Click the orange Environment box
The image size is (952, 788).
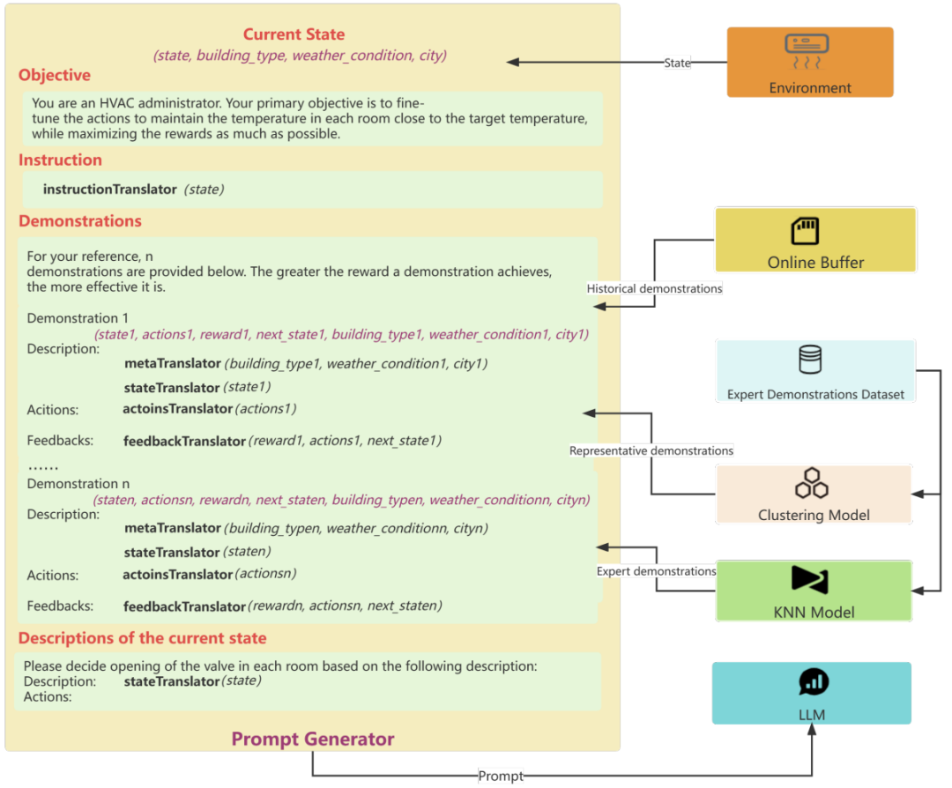pyautogui.click(x=810, y=62)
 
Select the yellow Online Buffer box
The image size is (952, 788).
pyautogui.click(x=815, y=240)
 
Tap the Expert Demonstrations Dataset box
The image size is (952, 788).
pyautogui.click(x=815, y=371)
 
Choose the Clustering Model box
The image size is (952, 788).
pyautogui.click(x=814, y=494)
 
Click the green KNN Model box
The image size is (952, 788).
pyautogui.click(x=814, y=591)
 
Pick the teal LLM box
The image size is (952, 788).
pyautogui.click(x=812, y=694)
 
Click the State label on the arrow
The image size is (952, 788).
pyautogui.click(x=677, y=63)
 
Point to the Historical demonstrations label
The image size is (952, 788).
pyautogui.click(x=654, y=288)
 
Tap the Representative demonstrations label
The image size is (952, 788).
pyautogui.click(x=651, y=450)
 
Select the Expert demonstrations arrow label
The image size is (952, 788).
pyautogui.click(x=657, y=571)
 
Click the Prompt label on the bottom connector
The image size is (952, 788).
pyautogui.click(x=501, y=776)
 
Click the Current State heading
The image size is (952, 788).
pyautogui.click(x=294, y=34)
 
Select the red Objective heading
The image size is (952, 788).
pyautogui.click(x=55, y=75)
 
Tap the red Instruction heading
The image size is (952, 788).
pyautogui.click(x=60, y=160)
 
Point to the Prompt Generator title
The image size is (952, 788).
pyautogui.click(x=313, y=739)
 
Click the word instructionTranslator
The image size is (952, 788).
pyautogui.click(x=110, y=190)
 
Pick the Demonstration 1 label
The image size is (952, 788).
pyautogui.click(x=78, y=318)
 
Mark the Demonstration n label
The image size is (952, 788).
pyautogui.click(x=78, y=484)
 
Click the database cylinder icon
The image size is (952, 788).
pyautogui.click(x=811, y=360)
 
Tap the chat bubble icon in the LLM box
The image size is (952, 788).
pyautogui.click(x=814, y=681)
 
